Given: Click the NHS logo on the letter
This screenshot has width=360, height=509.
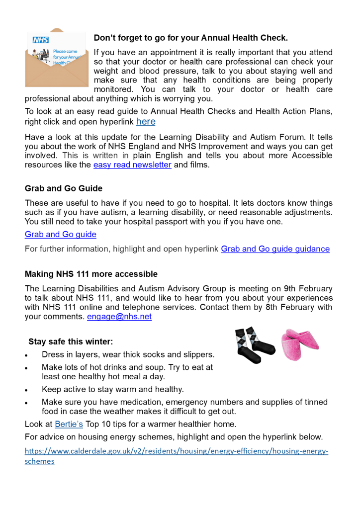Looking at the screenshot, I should coord(40,40).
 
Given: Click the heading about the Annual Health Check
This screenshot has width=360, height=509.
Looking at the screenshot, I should coord(190,38).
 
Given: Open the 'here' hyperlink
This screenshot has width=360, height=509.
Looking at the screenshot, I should coord(146,122).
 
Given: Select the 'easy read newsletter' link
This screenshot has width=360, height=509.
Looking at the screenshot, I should coord(132,165).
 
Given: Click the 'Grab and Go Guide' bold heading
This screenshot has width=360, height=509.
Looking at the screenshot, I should coord(64,188).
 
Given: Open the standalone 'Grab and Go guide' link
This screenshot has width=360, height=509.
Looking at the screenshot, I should coord(61,234).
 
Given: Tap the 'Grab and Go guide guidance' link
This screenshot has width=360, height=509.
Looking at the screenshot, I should coord(275,249).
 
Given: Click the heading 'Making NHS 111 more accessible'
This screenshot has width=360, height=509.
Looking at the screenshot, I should coord(91,274).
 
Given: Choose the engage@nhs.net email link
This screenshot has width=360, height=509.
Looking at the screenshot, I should coord(119,317).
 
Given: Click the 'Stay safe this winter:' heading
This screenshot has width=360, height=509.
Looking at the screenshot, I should coord(71,341).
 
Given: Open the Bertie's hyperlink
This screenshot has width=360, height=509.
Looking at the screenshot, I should coord(69,424).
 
